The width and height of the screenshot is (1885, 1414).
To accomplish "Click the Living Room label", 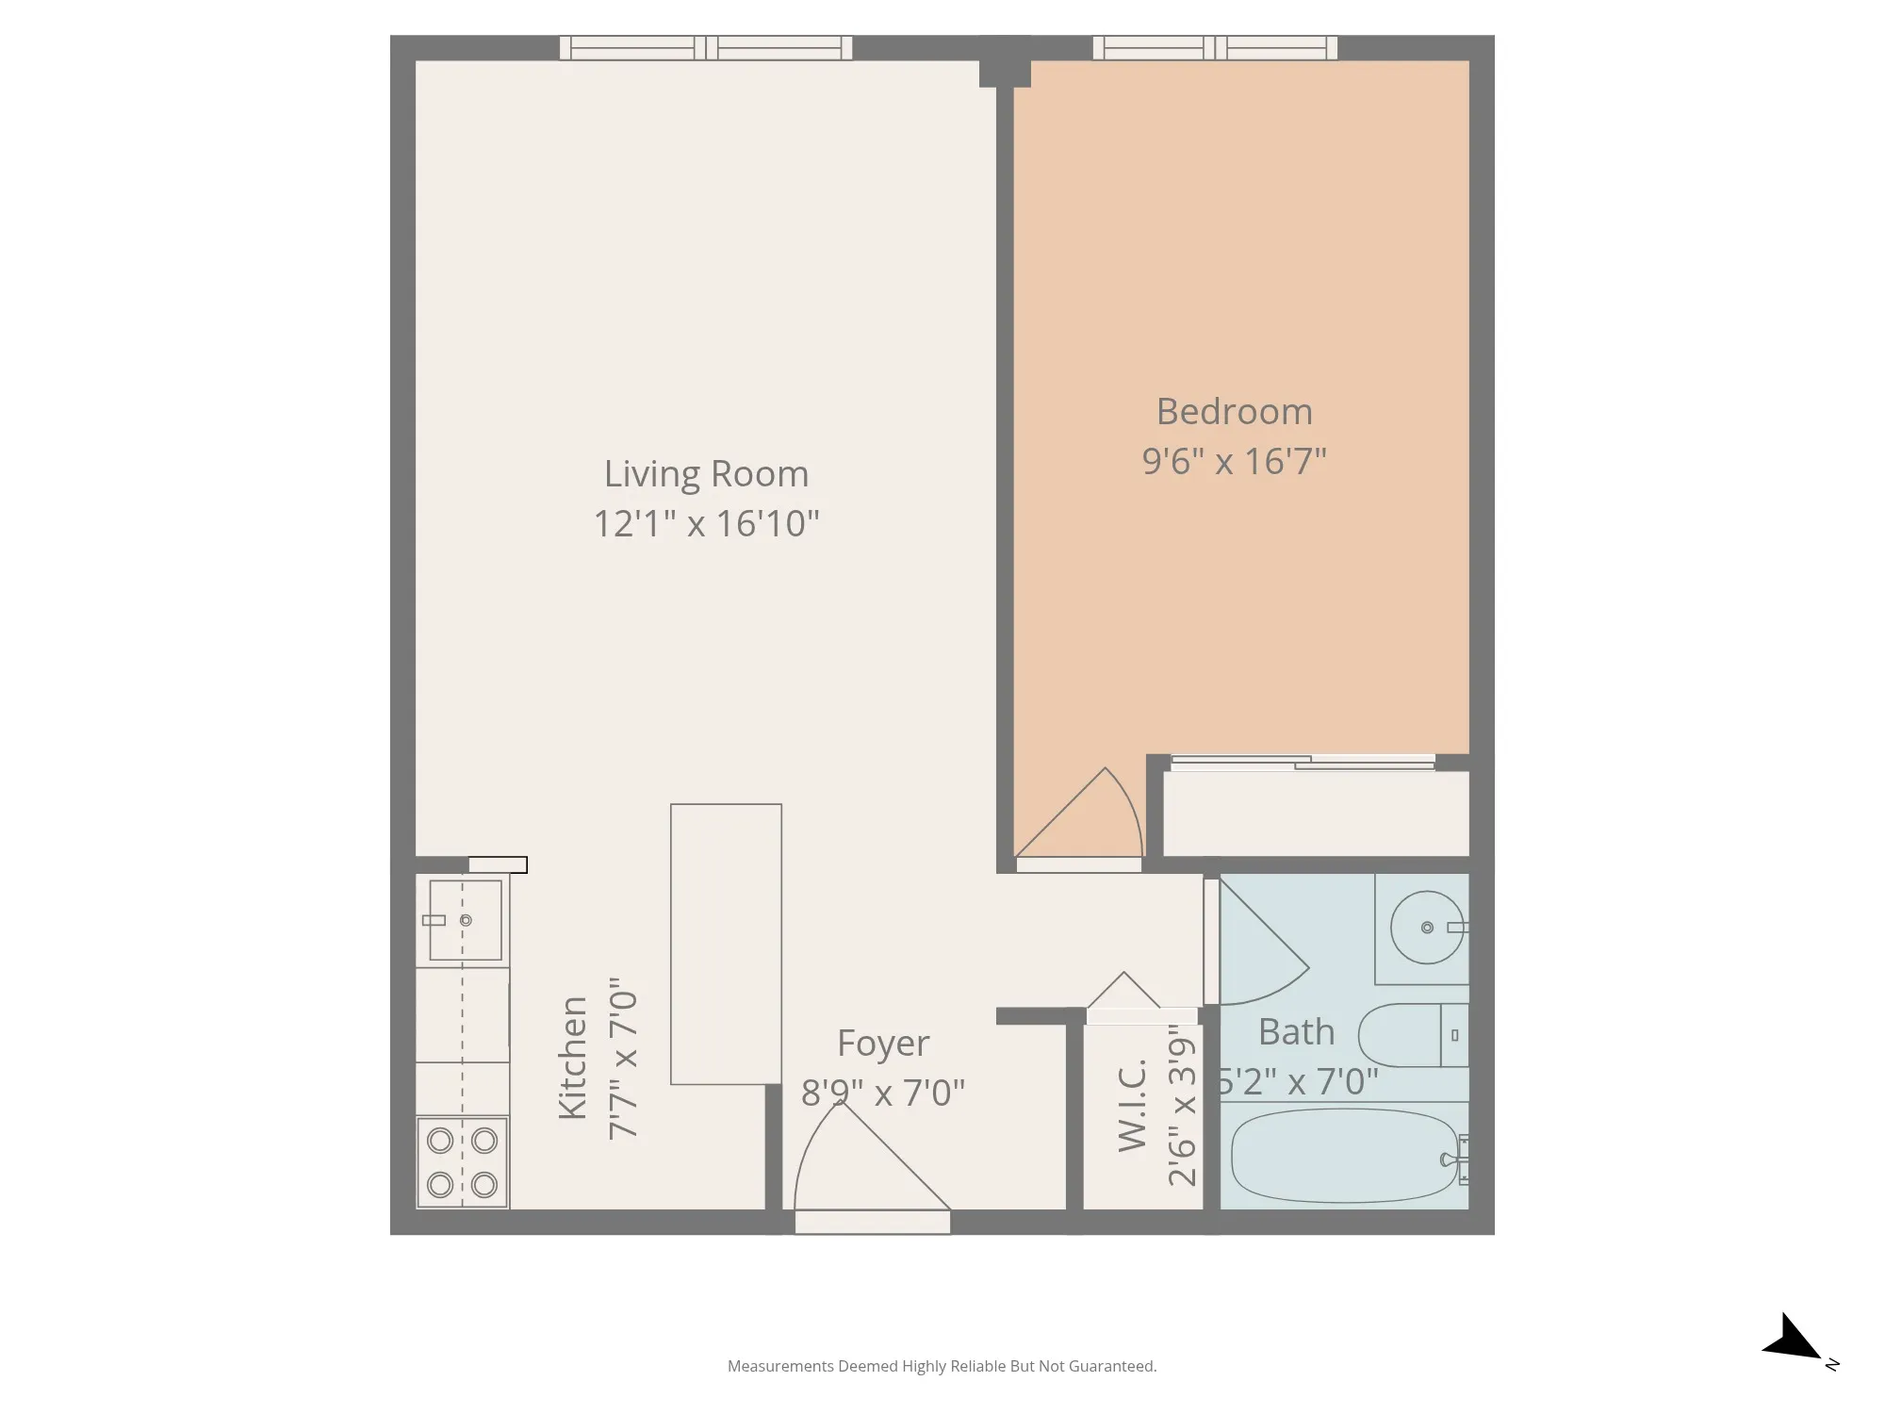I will (706, 474).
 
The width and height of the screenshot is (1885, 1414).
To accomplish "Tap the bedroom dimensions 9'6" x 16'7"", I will (1234, 462).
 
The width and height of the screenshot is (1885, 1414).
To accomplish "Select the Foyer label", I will (883, 1044).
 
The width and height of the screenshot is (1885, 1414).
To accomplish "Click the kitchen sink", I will (465, 920).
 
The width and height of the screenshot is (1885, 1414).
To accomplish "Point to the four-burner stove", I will (463, 1162).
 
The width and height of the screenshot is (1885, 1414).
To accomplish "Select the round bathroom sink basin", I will (1427, 928).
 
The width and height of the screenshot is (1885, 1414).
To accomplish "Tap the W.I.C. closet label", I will (1132, 1105).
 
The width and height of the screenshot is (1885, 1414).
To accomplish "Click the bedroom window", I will (1215, 48).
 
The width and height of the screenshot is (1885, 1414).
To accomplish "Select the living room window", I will (706, 48).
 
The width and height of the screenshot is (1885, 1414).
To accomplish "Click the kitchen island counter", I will (726, 944).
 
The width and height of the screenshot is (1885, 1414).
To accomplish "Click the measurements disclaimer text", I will (942, 1366).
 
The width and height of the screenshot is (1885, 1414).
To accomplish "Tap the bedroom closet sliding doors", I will (1303, 762).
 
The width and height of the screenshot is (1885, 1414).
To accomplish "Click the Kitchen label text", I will (573, 1058).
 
